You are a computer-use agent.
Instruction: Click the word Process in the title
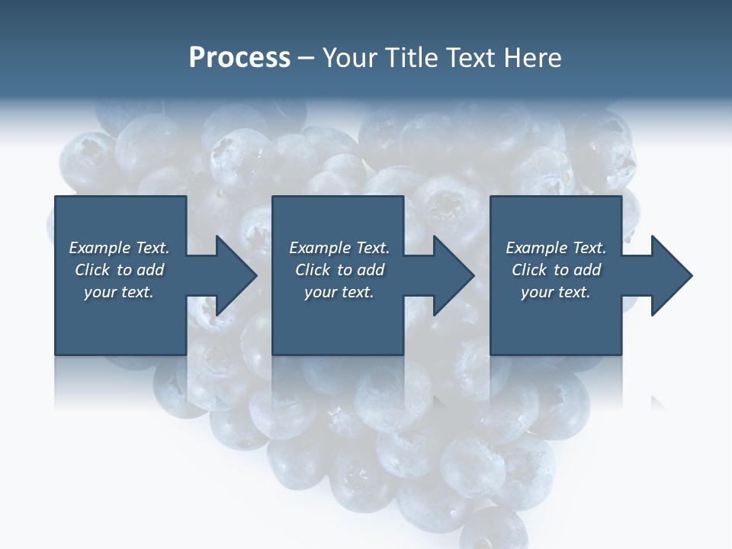(239, 58)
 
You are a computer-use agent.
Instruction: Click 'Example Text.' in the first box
(119, 248)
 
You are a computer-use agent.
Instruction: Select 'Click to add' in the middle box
(339, 270)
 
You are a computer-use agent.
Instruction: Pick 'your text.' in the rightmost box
(556, 292)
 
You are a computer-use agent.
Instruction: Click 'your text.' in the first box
(119, 292)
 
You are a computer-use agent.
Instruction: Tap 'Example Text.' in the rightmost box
(556, 248)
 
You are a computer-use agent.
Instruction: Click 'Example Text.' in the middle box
(339, 248)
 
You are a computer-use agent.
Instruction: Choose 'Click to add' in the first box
(119, 270)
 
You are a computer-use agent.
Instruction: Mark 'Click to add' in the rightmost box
(556, 270)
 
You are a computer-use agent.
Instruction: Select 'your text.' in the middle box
(339, 292)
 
